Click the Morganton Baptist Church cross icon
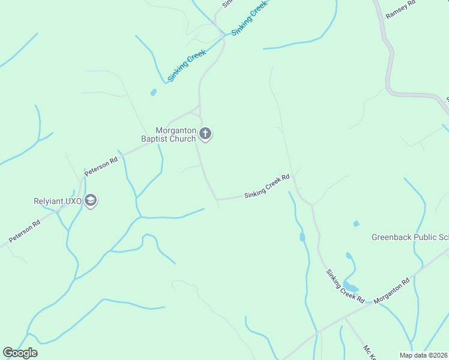click(x=205, y=133)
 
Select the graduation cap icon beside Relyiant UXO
click(x=91, y=200)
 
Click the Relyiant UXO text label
click(x=57, y=201)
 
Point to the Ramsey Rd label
click(x=400, y=10)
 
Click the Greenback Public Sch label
click(x=410, y=237)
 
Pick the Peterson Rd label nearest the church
click(x=101, y=167)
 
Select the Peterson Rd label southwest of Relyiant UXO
click(x=24, y=231)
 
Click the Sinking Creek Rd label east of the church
click(x=267, y=187)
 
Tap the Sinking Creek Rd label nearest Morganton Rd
click(x=345, y=285)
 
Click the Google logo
click(x=20, y=353)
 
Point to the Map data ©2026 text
click(x=423, y=355)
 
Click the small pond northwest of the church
click(x=153, y=92)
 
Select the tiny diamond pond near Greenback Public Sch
click(x=356, y=224)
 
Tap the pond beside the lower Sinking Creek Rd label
click(x=351, y=287)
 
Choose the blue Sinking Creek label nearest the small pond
click(x=187, y=65)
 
